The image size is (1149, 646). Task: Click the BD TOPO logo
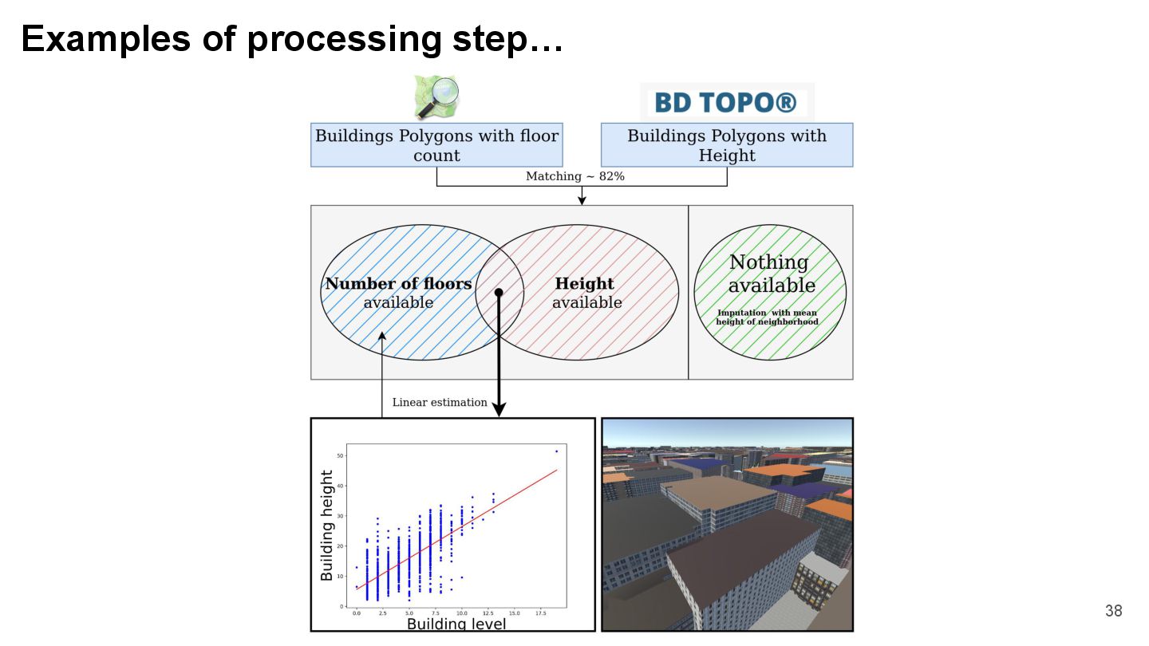tap(726, 103)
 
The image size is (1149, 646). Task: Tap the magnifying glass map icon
tap(436, 97)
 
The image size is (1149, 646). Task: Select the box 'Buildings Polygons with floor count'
tap(436, 145)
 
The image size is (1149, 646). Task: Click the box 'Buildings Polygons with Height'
tap(726, 145)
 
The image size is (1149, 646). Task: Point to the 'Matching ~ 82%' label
tap(574, 176)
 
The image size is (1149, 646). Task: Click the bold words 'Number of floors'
tap(398, 284)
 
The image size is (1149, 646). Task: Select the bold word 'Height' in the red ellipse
tap(585, 284)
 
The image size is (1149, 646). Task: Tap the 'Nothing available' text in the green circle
tap(770, 274)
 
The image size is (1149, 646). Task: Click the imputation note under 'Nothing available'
tap(768, 317)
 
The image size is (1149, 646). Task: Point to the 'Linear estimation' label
tap(440, 403)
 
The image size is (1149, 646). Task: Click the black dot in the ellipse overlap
tap(499, 293)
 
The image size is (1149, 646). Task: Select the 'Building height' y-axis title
tap(327, 526)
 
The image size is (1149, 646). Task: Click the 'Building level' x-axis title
tap(456, 624)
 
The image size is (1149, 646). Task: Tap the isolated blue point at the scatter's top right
tap(556, 451)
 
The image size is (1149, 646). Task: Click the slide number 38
tap(1113, 611)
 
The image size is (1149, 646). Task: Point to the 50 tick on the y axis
tap(342, 455)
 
